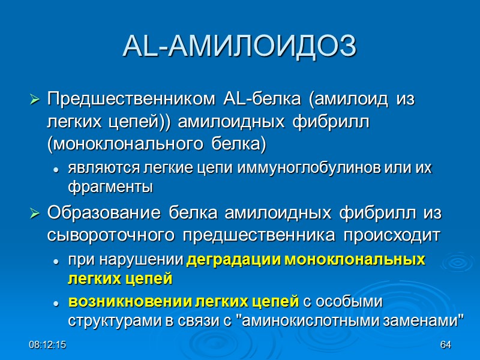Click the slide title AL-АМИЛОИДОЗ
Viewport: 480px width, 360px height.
point(239,47)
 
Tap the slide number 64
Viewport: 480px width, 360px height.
point(445,346)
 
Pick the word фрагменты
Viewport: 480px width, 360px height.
point(110,187)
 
